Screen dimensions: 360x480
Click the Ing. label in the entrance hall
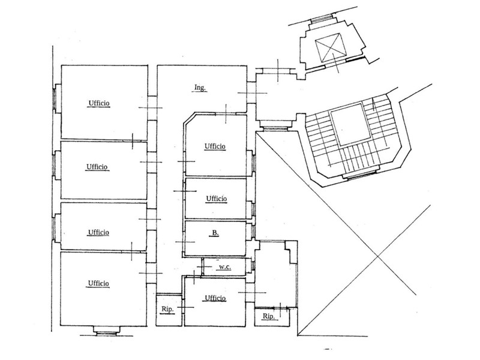coord(200,88)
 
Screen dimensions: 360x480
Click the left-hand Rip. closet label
coord(167,309)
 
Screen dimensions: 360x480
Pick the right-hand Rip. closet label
coord(268,316)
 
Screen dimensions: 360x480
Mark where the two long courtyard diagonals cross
coord(376,257)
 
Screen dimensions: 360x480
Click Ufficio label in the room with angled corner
coord(214,146)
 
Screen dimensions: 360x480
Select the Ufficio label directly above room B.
coord(216,199)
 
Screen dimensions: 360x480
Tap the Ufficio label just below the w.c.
coord(214,298)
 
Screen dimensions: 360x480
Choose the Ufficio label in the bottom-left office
coord(98,283)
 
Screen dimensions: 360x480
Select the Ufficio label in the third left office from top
coord(98,232)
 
